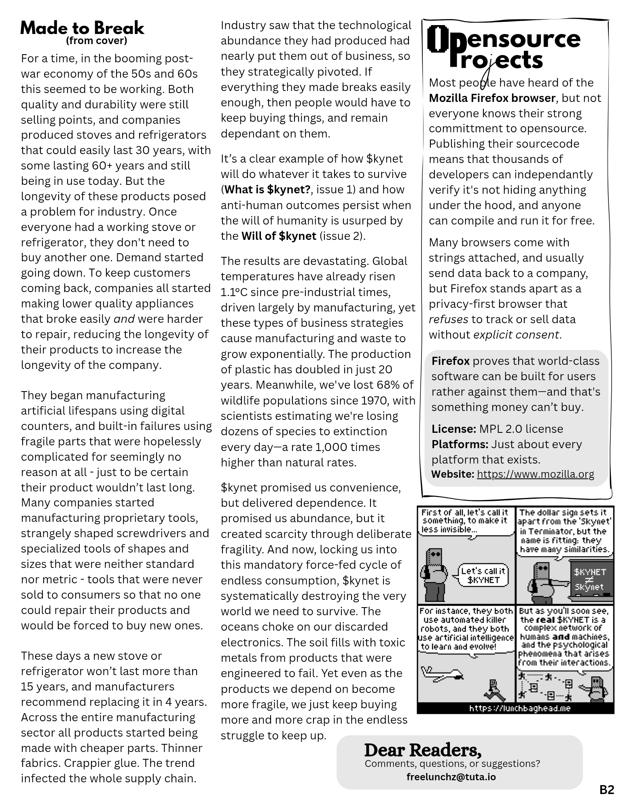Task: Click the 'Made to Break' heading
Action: click(82, 28)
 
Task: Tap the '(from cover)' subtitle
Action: click(96, 41)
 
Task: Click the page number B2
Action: click(606, 790)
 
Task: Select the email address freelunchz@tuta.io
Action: click(451, 777)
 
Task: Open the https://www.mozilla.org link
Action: click(535, 474)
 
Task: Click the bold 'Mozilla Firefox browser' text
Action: click(492, 98)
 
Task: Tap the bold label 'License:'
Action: click(453, 429)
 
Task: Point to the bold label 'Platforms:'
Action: click(460, 444)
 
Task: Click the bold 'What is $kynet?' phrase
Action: click(267, 189)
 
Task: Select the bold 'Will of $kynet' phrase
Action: click(279, 236)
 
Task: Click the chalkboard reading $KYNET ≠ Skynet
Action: click(589, 579)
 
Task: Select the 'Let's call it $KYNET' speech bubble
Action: click(483, 575)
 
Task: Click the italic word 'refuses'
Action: click(448, 319)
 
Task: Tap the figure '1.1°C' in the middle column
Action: click(237, 292)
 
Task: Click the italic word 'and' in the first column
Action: click(124, 319)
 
